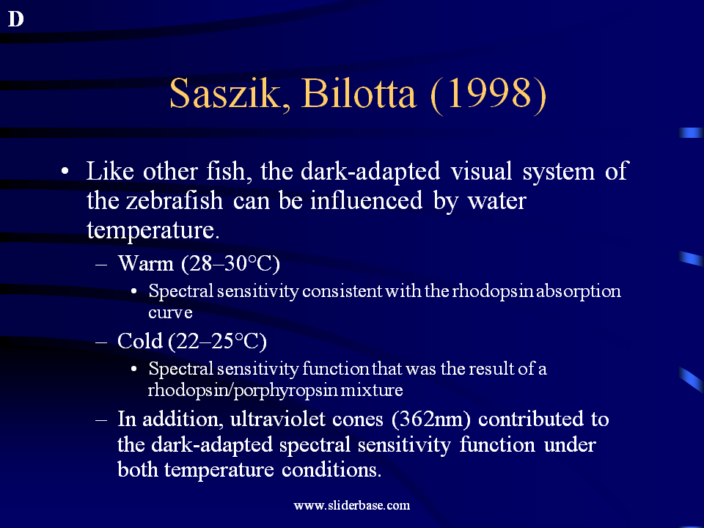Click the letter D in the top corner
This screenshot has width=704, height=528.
[15, 19]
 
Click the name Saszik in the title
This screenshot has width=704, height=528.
[230, 94]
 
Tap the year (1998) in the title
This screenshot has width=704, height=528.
[488, 95]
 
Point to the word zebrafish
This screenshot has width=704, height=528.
[175, 200]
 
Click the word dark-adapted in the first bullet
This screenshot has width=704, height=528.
[370, 171]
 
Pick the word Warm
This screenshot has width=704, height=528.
[145, 263]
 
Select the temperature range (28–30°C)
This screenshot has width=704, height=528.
[230, 263]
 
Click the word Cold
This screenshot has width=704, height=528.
[139, 341]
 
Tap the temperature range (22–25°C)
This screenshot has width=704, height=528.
[217, 342]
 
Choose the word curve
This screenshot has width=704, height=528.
[170, 312]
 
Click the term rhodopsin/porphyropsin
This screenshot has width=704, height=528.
[243, 389]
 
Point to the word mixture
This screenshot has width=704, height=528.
[372, 389]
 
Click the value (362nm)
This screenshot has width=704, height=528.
[431, 419]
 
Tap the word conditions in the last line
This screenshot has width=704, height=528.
[331, 469]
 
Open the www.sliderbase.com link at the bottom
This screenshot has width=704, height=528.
[351, 505]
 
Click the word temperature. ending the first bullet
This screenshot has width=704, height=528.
[153, 230]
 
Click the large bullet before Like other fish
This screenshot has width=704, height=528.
[65, 172]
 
